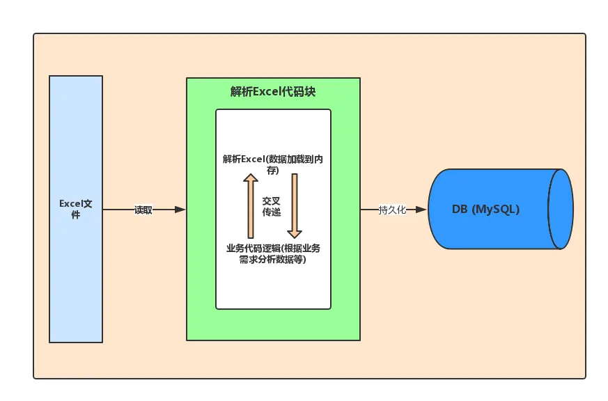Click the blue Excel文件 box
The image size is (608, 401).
76,278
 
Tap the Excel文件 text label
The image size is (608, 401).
76,209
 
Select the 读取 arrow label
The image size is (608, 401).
143,210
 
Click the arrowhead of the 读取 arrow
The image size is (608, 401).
180,210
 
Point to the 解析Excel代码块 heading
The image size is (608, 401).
273,92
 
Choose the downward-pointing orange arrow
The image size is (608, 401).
294,206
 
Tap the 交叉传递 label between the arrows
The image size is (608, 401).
272,206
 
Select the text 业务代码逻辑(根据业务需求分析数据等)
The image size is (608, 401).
272,253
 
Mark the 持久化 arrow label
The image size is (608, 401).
392,210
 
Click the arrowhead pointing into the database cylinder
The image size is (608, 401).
421,210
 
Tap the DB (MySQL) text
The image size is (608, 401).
485,209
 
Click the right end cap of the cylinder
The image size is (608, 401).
561,209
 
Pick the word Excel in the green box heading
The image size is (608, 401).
265,92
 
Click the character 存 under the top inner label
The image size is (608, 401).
272,170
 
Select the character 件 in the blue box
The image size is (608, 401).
76,215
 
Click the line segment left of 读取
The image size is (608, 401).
118,210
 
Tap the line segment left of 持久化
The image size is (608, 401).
369,210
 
